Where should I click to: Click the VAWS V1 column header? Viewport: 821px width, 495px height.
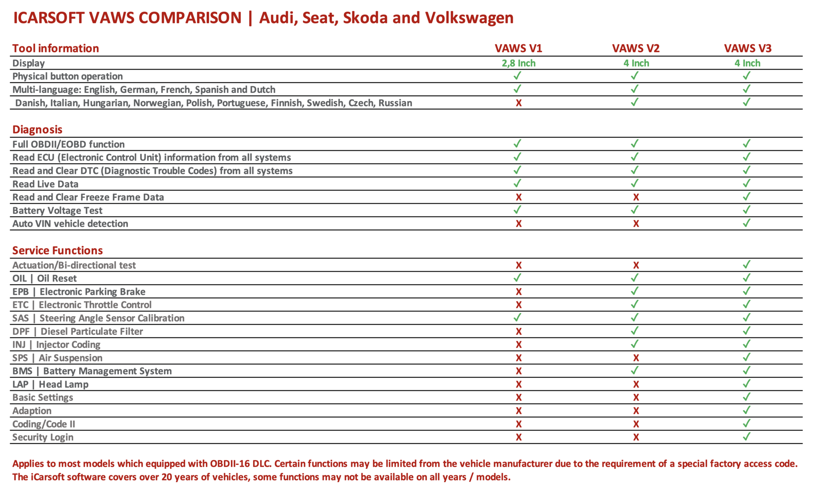pyautogui.click(x=518, y=48)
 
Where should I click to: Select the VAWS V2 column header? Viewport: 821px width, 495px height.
pyautogui.click(x=636, y=48)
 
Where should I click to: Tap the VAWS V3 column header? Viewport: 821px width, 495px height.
pyautogui.click(x=747, y=48)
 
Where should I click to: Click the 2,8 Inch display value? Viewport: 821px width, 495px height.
pyautogui.click(x=518, y=63)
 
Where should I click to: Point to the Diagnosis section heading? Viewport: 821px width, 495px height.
pyautogui.click(x=37, y=130)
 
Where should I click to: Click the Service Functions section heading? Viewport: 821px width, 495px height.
pyautogui.click(x=58, y=250)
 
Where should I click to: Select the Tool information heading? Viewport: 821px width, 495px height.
pyautogui.click(x=56, y=48)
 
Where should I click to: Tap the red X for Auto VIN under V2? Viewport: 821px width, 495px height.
pyautogui.click(x=636, y=224)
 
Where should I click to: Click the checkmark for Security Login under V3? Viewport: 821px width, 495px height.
pyautogui.click(x=747, y=436)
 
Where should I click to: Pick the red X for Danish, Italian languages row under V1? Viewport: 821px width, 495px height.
pyautogui.click(x=519, y=103)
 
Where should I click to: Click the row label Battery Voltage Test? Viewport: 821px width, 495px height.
pyautogui.click(x=57, y=210)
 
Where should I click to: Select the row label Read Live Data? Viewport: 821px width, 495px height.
pyautogui.click(x=45, y=184)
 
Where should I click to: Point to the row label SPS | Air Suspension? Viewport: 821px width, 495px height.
pyautogui.click(x=57, y=358)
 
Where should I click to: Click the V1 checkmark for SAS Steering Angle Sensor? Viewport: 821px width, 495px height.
pyautogui.click(x=517, y=317)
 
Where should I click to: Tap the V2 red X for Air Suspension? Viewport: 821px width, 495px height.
pyautogui.click(x=636, y=358)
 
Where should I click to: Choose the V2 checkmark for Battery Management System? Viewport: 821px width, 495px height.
pyautogui.click(x=635, y=370)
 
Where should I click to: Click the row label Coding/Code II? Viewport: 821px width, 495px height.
pyautogui.click(x=44, y=424)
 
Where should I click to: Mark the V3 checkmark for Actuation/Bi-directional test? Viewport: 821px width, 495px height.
pyautogui.click(x=747, y=264)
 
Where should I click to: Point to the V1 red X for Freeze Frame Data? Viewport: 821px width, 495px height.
pyautogui.click(x=519, y=197)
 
